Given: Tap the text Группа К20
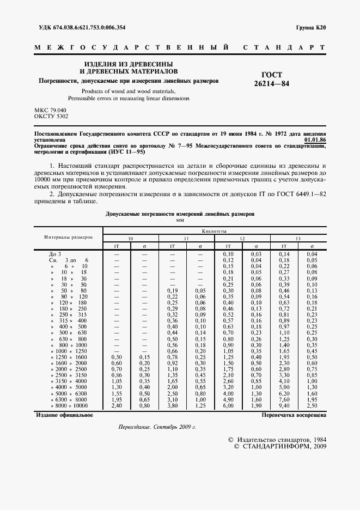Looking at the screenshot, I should pos(311,27).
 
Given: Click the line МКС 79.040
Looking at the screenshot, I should pos(50,110).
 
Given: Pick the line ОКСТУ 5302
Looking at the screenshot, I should pos(51,116).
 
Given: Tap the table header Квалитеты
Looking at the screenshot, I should pos(213,231).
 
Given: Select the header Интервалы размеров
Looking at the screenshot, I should pos(69,238).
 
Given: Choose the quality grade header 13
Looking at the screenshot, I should pos(297,239).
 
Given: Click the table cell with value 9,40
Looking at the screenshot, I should pos(283,405).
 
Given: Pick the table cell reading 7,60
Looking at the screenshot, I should pos(283,400).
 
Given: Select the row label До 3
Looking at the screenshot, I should pos(56,254).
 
